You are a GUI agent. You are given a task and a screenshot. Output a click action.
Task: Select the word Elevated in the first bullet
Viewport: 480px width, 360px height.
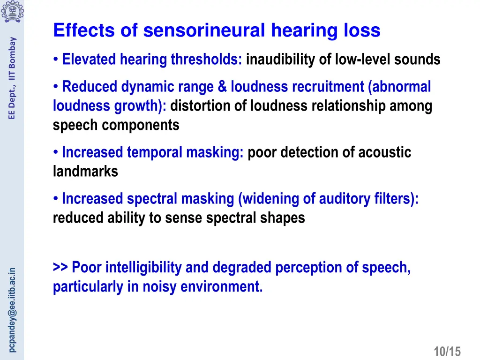click(90, 60)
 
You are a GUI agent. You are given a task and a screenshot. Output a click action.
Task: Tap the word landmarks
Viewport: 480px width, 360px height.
click(85, 172)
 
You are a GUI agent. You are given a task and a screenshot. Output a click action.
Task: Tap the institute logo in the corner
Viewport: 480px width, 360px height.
click(12, 11)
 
